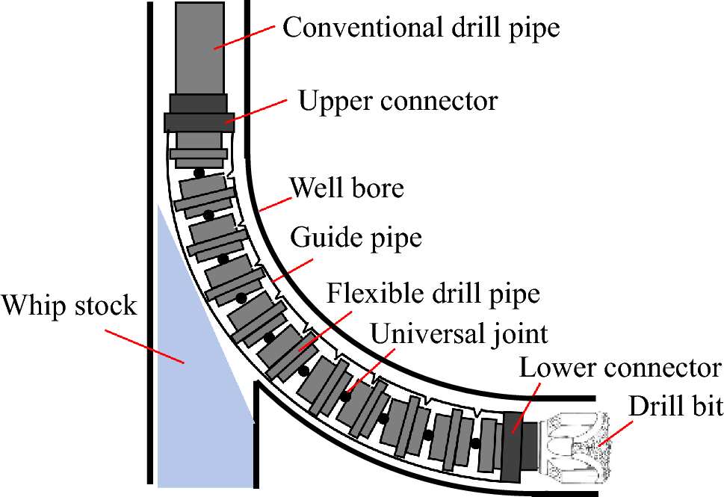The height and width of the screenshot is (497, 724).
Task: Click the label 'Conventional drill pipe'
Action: pos(421,28)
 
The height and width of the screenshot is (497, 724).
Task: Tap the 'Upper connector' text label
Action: pos(397,99)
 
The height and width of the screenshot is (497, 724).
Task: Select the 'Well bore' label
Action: pos(347,187)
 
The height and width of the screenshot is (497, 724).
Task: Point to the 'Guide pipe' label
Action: pos(356,238)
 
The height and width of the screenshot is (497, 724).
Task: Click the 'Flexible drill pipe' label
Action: pos(433,293)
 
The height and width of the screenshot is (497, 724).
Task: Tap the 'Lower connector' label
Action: pos(619,368)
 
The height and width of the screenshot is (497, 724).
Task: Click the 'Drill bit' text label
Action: pos(675,406)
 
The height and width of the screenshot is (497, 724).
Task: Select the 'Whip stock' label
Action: pos(69,305)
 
